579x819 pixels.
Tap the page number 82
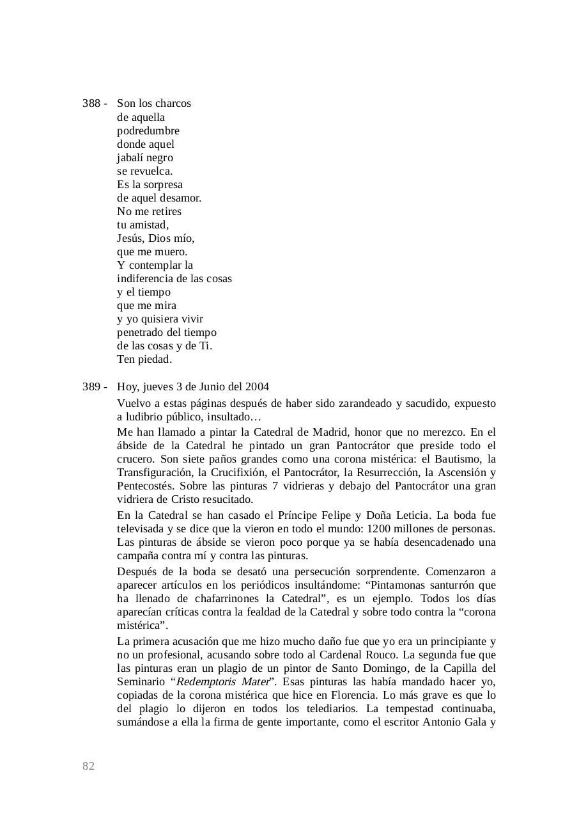pyautogui.click(x=88, y=767)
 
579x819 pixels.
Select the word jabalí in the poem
pyautogui.click(x=130, y=157)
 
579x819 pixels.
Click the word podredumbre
pyautogui.click(x=148, y=131)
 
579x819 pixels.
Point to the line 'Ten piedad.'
pyautogui.click(x=144, y=360)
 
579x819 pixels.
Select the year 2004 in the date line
pyautogui.click(x=257, y=387)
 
